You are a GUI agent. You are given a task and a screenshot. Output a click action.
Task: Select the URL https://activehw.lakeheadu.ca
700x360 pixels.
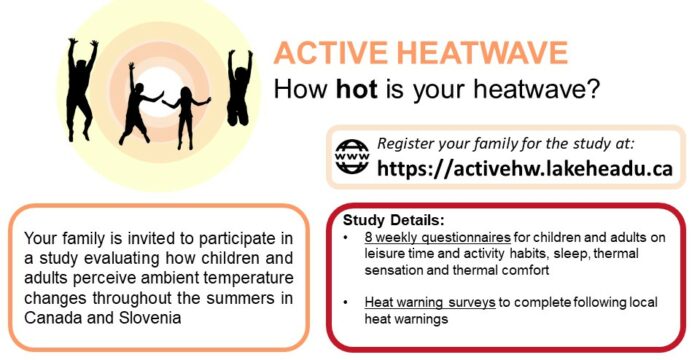click(523, 166)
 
